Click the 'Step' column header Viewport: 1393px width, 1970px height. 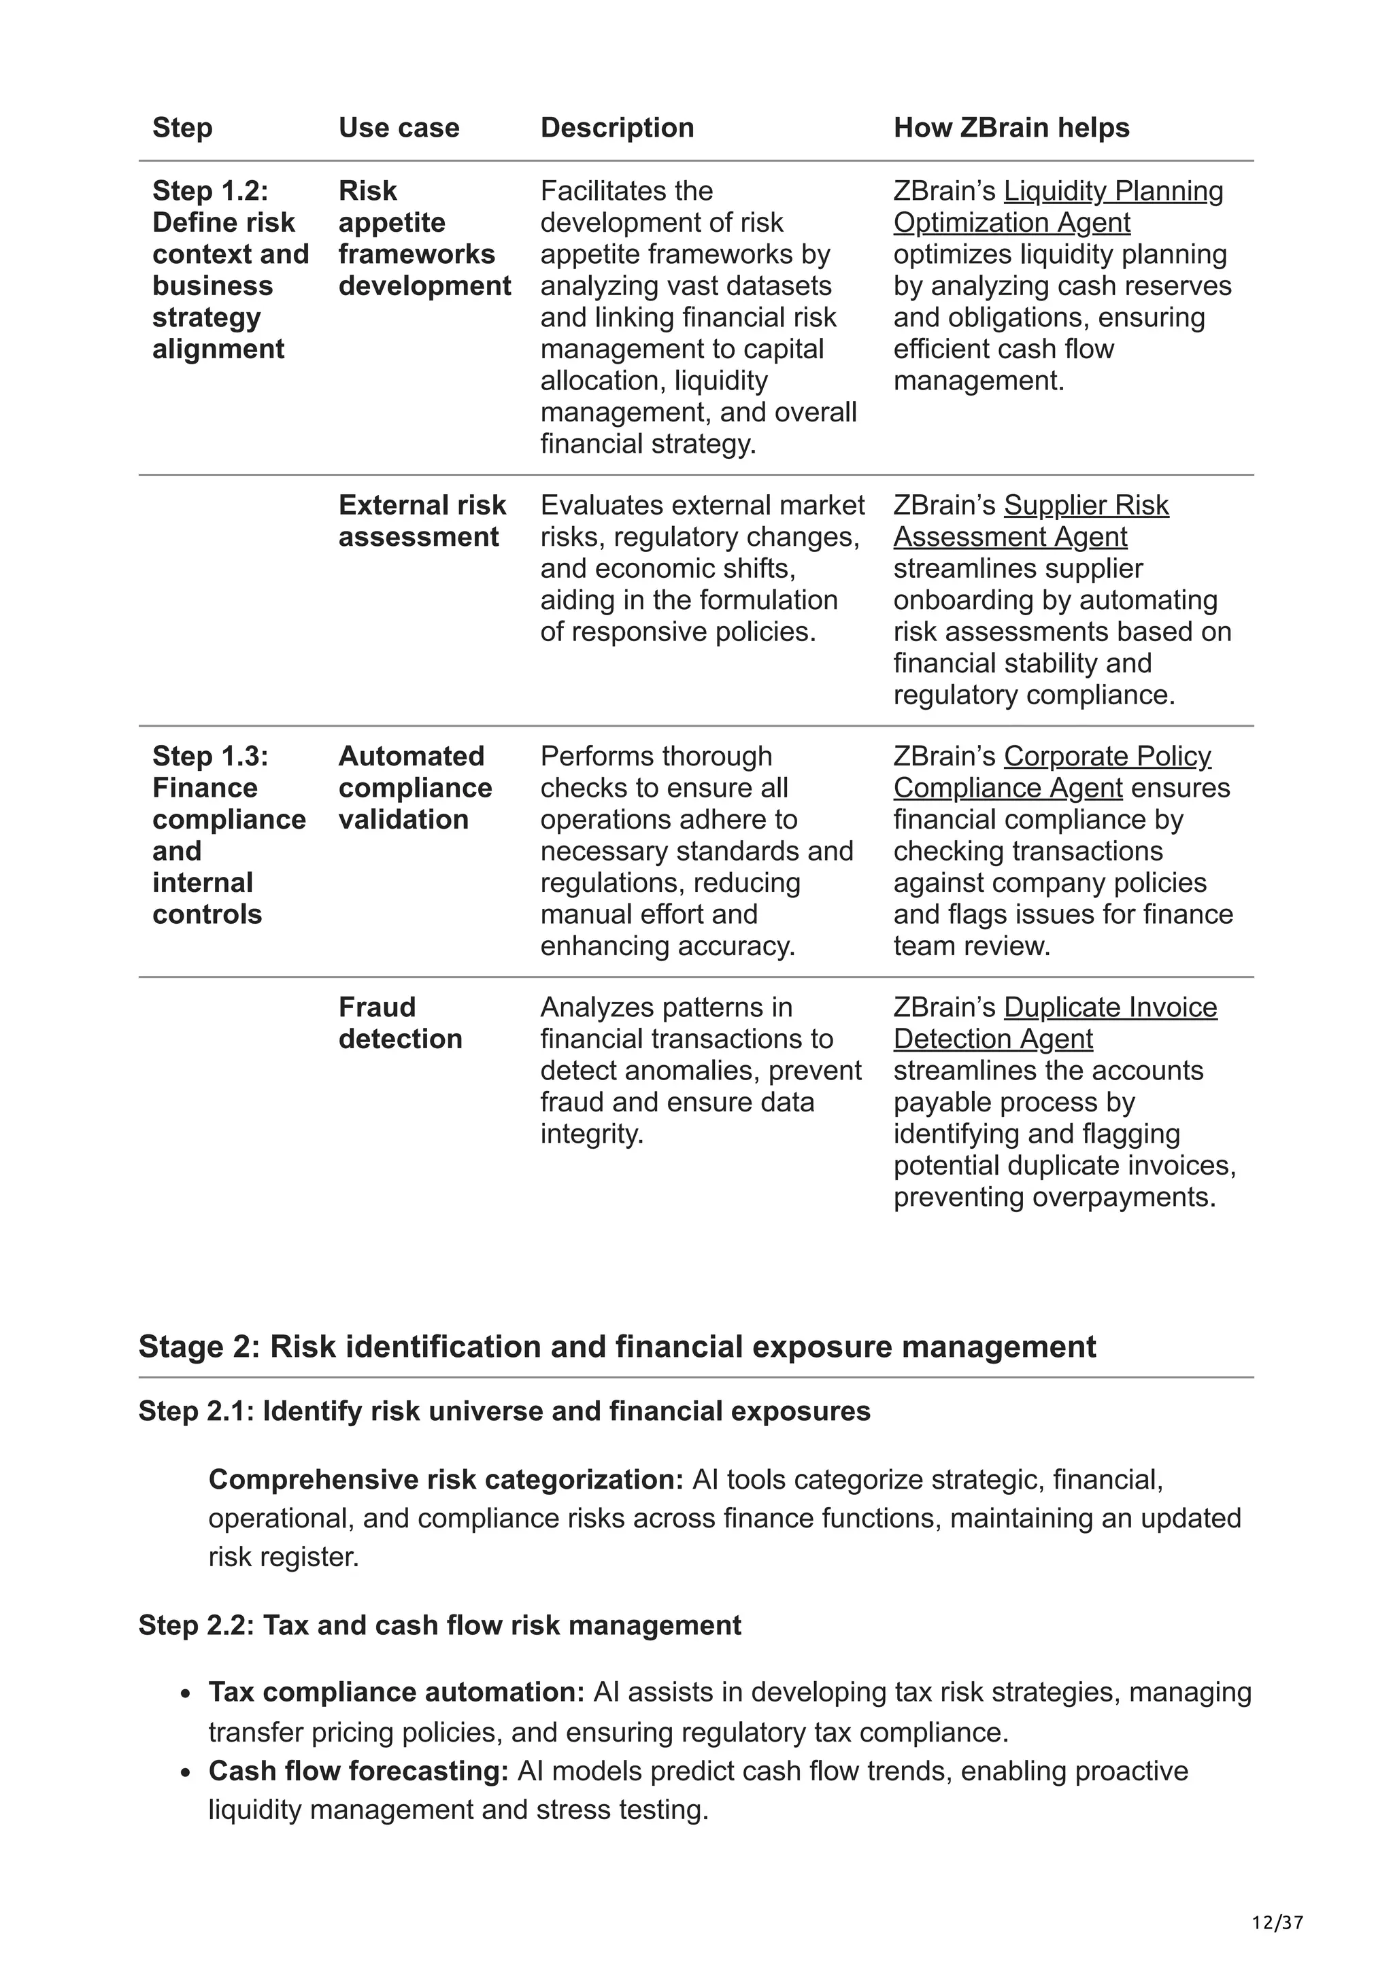(x=182, y=128)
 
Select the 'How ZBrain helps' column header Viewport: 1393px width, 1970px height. (x=1011, y=128)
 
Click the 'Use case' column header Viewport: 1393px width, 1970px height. (x=399, y=128)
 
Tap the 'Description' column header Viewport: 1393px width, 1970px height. (x=616, y=128)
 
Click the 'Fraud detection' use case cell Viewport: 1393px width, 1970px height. (x=400, y=1023)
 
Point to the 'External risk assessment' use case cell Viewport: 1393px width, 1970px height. (x=422, y=521)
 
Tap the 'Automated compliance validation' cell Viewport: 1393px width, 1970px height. (x=414, y=788)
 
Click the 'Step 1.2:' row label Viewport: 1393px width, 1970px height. (x=210, y=190)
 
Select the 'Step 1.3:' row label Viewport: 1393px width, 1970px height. (x=210, y=756)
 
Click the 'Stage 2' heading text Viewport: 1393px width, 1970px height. (x=616, y=1346)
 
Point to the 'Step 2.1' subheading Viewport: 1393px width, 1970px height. (x=504, y=1411)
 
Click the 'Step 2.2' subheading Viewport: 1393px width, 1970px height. (x=439, y=1625)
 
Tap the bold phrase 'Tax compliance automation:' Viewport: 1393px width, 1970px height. (x=396, y=1692)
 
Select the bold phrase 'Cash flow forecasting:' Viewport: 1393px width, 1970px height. (x=358, y=1771)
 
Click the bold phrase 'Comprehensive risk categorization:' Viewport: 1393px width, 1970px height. (x=446, y=1479)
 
